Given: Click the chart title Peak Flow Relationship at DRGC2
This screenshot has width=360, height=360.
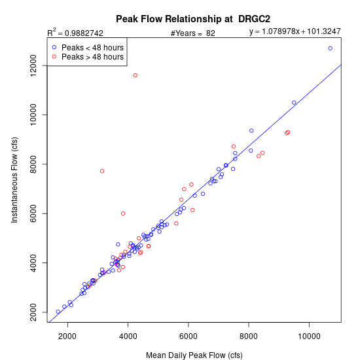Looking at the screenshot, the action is (193, 19).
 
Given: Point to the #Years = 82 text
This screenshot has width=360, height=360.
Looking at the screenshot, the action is (193, 33).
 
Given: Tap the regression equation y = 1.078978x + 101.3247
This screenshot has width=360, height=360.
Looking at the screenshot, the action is (295, 31).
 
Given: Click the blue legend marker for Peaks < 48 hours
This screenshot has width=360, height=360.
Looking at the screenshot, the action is (54, 47).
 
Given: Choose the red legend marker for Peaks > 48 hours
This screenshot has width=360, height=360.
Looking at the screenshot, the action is (54, 56).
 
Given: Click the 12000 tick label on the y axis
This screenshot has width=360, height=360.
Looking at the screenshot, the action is (33, 65).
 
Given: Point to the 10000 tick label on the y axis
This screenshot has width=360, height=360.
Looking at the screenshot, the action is (33, 115).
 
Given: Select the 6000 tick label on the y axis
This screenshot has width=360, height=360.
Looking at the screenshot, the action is (33, 213).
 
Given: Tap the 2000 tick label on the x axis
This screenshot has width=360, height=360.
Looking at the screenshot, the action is (67, 336).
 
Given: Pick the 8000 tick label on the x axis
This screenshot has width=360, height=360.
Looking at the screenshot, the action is (249, 336).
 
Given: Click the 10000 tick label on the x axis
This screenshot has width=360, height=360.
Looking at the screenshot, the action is (309, 336).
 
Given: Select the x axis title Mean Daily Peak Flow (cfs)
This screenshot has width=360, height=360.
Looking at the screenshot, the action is (194, 355).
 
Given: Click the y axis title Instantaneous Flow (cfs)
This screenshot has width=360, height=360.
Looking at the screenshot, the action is (14, 180).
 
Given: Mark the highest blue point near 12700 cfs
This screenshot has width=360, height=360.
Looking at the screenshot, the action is (330, 48).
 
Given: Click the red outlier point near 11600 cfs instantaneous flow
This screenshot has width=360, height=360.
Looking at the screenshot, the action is (135, 75).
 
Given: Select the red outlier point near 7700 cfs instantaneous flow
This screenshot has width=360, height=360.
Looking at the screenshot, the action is (102, 171).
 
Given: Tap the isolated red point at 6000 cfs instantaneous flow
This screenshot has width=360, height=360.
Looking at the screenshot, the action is (123, 213).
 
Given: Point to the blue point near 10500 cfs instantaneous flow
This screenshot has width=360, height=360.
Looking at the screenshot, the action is (294, 102).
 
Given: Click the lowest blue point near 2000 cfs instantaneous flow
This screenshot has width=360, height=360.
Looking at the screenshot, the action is (58, 312).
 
